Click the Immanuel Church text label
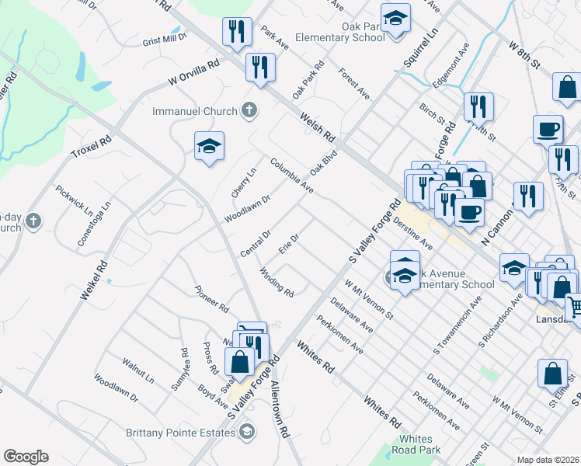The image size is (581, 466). click(194, 111)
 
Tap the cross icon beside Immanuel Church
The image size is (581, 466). click(249, 110)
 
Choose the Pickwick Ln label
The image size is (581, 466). click(72, 200)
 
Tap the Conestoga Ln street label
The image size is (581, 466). click(94, 224)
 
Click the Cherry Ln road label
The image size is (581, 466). click(243, 183)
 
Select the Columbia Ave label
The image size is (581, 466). click(292, 176)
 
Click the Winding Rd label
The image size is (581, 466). click(277, 283)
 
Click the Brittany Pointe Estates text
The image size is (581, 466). click(183, 431)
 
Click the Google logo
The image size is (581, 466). click(26, 457)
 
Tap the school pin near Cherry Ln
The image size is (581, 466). click(209, 148)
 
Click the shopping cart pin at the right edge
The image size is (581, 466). click(575, 308)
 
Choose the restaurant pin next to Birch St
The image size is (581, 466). click(478, 106)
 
